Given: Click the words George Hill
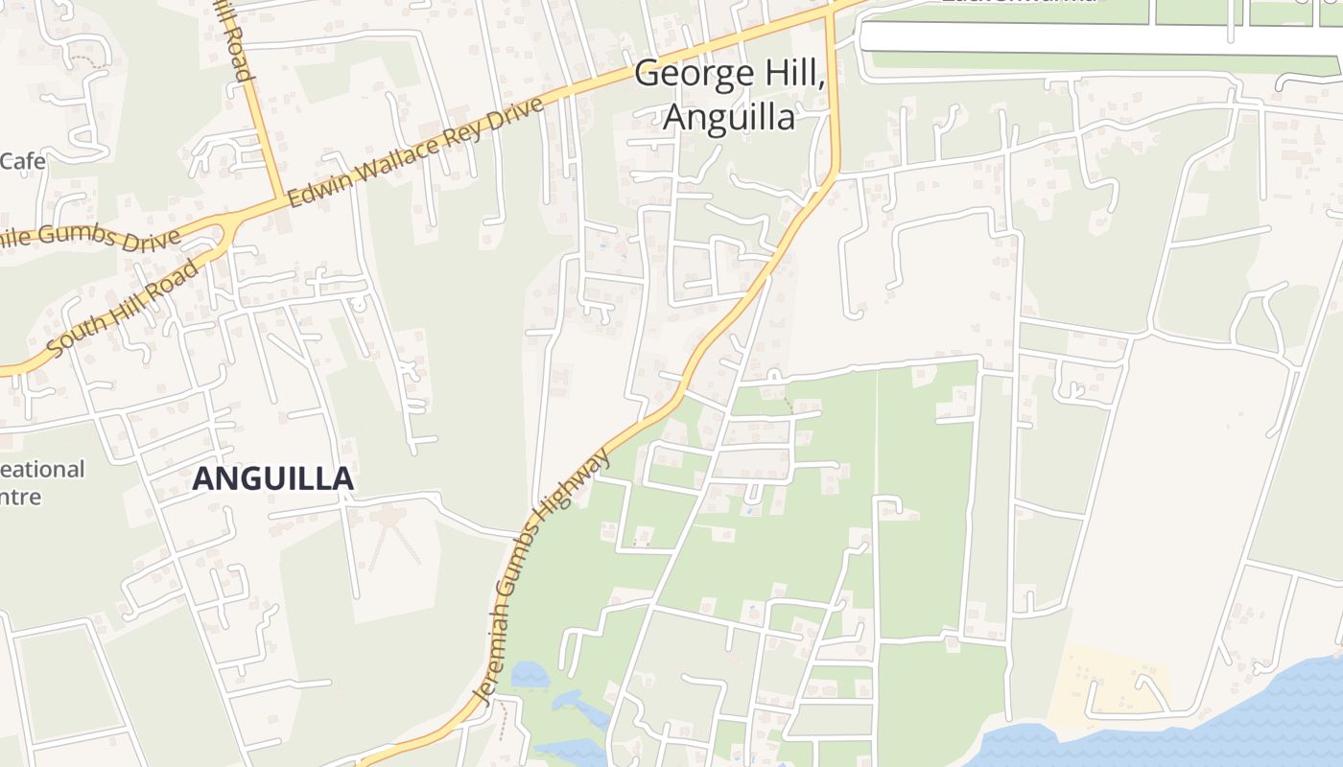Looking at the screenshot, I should pos(728,75).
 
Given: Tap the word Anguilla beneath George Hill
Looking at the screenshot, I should pos(729,117).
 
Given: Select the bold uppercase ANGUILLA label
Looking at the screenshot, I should pos(273,478).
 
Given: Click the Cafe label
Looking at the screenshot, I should pos(22,161).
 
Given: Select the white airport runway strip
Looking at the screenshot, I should pos(1094,38).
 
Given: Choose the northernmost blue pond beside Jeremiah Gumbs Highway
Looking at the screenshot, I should pos(530,675).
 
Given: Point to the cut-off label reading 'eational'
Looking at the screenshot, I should pos(42,470).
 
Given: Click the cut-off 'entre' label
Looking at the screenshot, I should pos(21,497).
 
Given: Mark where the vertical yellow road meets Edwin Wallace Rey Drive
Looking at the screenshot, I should pos(282,198).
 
